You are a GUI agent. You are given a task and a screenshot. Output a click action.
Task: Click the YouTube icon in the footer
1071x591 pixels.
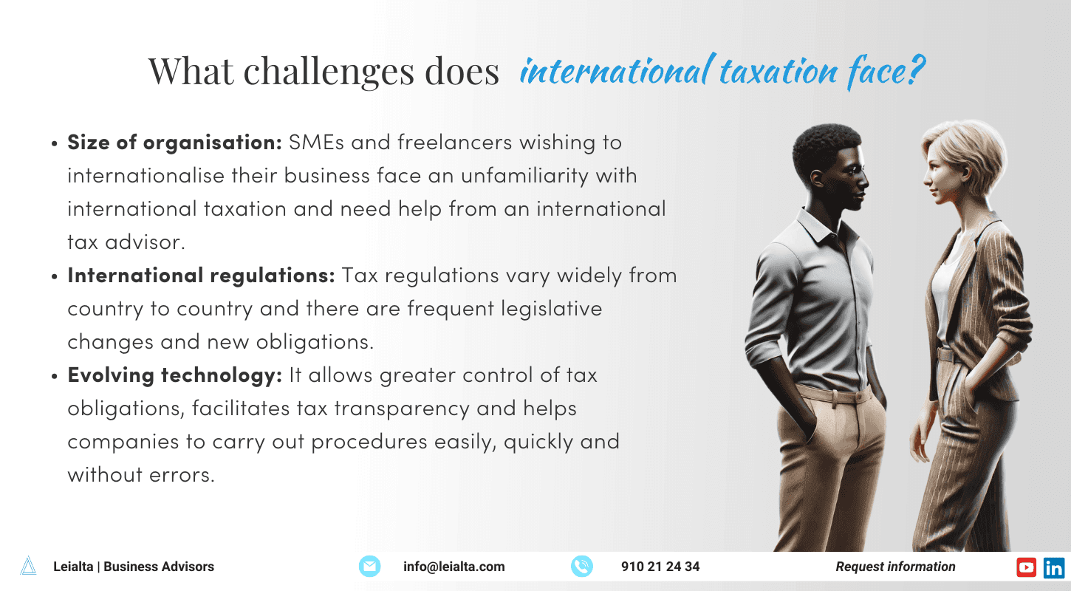[1027, 567]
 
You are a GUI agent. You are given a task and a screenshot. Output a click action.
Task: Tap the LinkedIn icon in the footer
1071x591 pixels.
[1054, 567]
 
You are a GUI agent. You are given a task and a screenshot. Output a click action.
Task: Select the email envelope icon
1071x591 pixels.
[369, 567]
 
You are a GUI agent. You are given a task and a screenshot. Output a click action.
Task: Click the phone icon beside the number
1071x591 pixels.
[582, 567]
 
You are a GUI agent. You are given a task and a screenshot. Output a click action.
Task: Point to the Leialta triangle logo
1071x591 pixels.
[28, 566]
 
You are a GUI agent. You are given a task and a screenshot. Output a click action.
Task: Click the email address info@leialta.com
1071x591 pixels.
[454, 567]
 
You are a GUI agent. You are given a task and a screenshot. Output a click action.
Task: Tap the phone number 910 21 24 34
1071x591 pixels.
[660, 567]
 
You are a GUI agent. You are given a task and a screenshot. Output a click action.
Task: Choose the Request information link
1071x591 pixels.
[895, 567]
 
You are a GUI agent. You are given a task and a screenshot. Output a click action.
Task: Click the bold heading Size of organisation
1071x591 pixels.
[174, 143]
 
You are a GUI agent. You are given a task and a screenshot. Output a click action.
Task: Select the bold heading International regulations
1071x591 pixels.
[202, 276]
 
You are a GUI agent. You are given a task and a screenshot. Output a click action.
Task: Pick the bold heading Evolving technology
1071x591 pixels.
[175, 375]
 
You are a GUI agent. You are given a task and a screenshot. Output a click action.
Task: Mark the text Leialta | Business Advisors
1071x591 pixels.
[134, 567]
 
